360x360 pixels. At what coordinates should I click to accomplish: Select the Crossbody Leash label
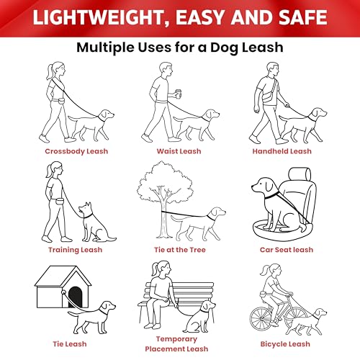coord(76,151)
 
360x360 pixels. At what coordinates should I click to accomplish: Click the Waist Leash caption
coord(179,151)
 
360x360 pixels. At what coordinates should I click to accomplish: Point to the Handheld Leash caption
coord(282,151)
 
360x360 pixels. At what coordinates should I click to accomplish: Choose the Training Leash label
coord(75,250)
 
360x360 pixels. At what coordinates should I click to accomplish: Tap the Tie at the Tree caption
coord(180,250)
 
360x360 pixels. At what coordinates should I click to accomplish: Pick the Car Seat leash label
coord(287,250)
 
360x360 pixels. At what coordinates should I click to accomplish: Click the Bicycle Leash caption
coord(285,344)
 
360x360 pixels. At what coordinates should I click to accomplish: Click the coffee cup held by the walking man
coord(179,94)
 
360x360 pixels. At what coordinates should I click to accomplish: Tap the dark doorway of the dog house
coord(75,297)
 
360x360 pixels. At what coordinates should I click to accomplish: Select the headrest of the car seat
coord(300,174)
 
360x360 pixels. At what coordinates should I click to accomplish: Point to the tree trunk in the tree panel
coord(163,219)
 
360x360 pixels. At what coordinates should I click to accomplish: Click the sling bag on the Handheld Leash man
coord(269,97)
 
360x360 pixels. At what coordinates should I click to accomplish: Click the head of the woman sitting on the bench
coord(161,269)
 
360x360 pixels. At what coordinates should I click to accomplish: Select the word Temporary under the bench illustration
coord(176,339)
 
